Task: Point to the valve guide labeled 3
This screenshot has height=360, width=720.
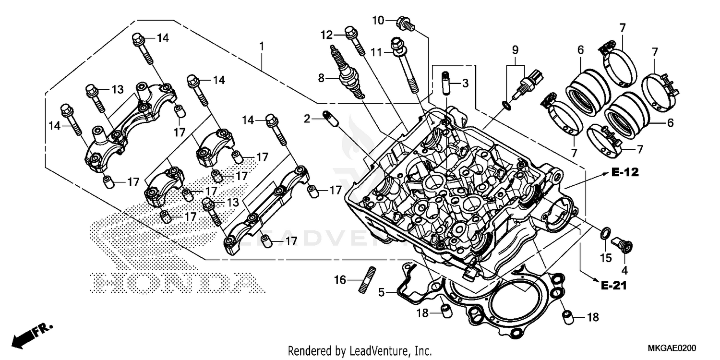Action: pos(445,83)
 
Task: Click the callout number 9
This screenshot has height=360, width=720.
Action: pos(515,49)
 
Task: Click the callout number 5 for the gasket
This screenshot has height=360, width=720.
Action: pos(381,291)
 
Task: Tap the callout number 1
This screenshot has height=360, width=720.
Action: pos(262,47)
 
